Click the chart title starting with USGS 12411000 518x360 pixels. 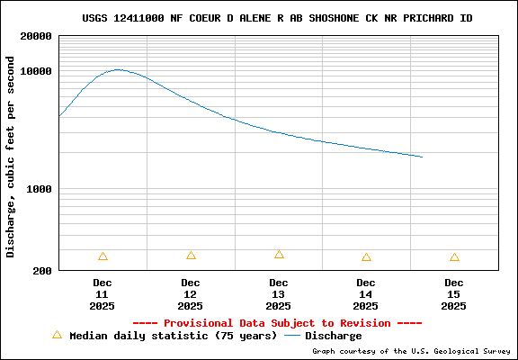(x=277, y=18)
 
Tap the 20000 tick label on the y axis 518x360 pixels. (x=35, y=37)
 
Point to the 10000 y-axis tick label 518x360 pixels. (x=35, y=71)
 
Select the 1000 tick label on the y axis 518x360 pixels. (x=39, y=190)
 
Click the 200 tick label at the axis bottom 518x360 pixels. (x=41, y=270)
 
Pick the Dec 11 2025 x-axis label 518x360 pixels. (x=103, y=294)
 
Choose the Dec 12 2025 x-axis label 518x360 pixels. (x=191, y=294)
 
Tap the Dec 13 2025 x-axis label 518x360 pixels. (x=279, y=294)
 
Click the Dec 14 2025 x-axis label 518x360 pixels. (x=366, y=294)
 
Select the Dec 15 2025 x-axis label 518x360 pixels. (x=454, y=294)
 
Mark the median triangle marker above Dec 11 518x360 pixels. (x=103, y=256)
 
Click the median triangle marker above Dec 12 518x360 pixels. (x=191, y=256)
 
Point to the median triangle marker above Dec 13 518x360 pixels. (x=279, y=255)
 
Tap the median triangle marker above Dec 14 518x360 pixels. (x=366, y=257)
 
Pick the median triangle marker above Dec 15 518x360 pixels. (x=454, y=257)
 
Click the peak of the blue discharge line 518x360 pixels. (x=118, y=69)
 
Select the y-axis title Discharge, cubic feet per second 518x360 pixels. (x=11, y=157)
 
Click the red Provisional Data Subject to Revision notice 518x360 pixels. (x=277, y=322)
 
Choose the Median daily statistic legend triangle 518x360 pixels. (x=57, y=335)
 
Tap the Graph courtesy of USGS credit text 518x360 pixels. (x=411, y=352)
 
